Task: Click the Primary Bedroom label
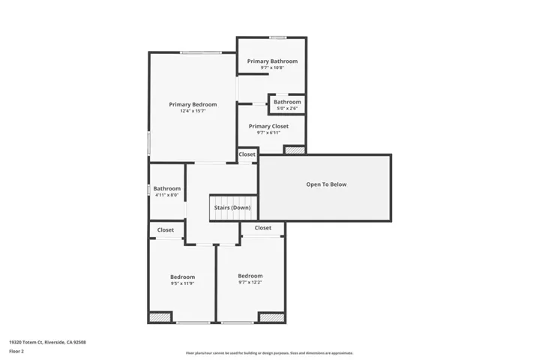pyautogui.click(x=193, y=104)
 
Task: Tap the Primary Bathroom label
pyautogui.click(x=272, y=61)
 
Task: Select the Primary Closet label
pyautogui.click(x=268, y=126)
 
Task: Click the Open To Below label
pyautogui.click(x=326, y=184)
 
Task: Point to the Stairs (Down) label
pyautogui.click(x=232, y=208)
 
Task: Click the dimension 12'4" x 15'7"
pyautogui.click(x=193, y=111)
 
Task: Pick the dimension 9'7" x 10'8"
pyautogui.click(x=272, y=67)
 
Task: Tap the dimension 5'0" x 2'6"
pyautogui.click(x=287, y=108)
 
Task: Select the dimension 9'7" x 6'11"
pyautogui.click(x=268, y=133)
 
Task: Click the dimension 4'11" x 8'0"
pyautogui.click(x=167, y=195)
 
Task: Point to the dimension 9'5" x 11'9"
pyautogui.click(x=182, y=283)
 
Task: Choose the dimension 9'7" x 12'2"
pyautogui.click(x=250, y=282)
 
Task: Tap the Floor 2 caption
pyautogui.click(x=16, y=350)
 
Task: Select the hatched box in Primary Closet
pyautogui.click(x=294, y=150)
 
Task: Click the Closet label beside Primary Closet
pyautogui.click(x=247, y=154)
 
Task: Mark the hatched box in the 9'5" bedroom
pyautogui.click(x=160, y=317)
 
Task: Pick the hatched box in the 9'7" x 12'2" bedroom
pyautogui.click(x=271, y=317)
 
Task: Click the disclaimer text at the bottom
pyautogui.click(x=269, y=352)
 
